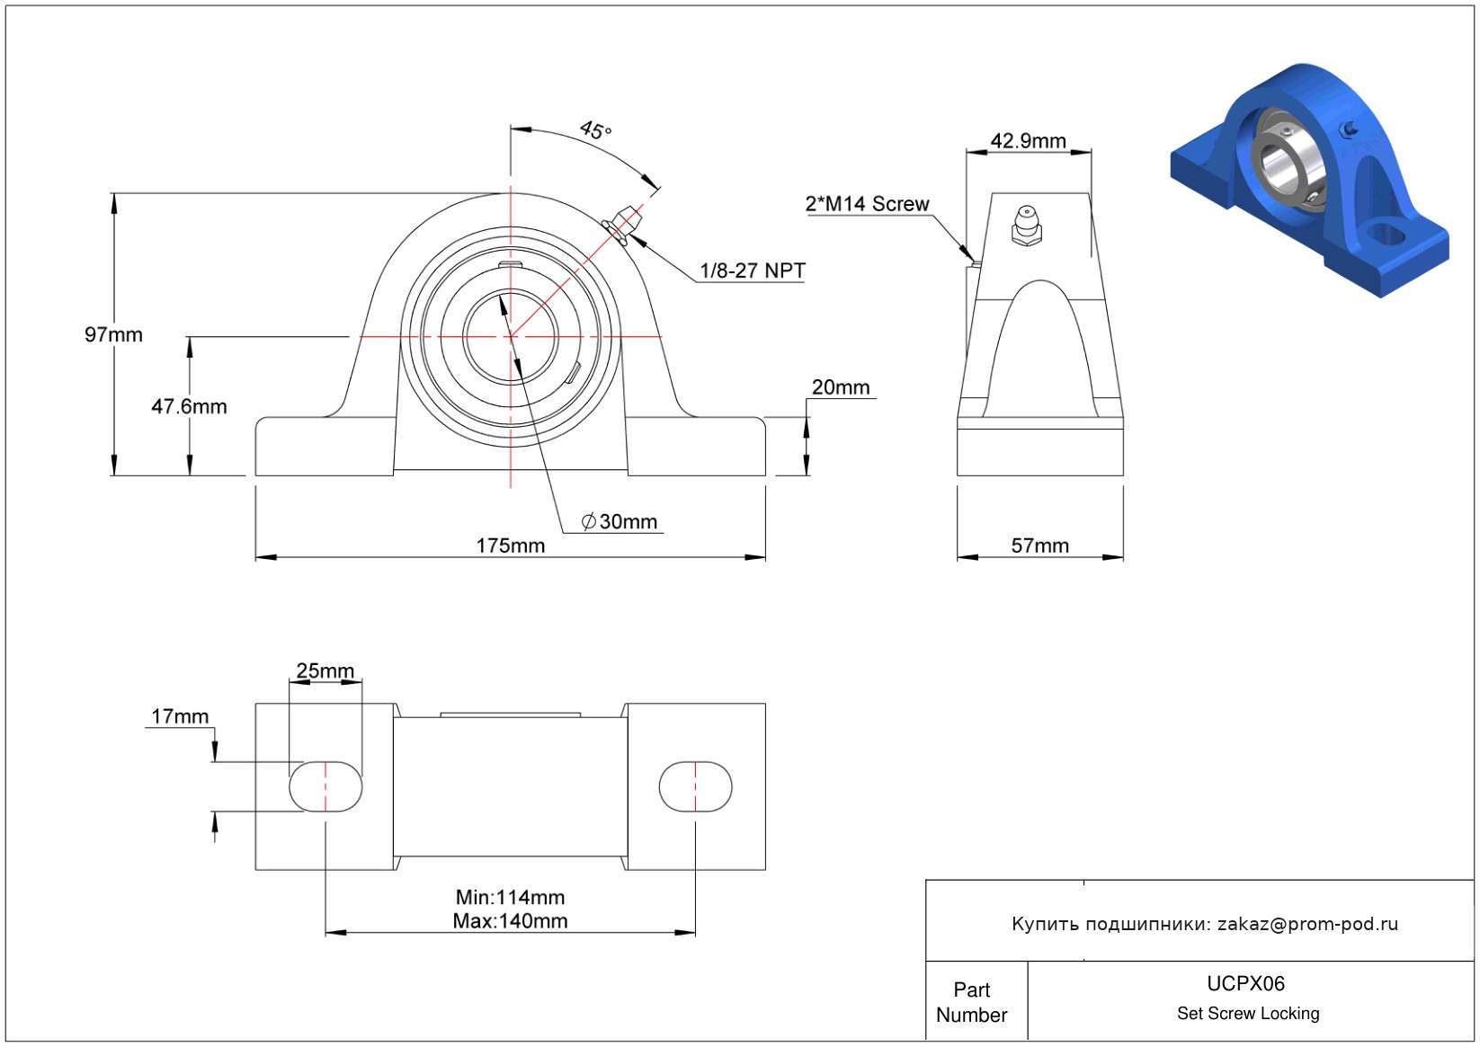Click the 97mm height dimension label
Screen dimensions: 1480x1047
coord(113,335)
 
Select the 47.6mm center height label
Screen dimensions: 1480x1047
coord(189,406)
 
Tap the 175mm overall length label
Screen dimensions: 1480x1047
coord(511,546)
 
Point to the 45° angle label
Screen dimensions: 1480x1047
coord(596,130)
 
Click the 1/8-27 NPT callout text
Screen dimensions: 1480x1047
coord(753,271)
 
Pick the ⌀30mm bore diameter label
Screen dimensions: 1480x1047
coord(620,522)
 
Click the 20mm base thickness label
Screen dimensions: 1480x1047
coord(841,387)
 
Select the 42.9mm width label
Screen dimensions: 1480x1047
coord(1028,141)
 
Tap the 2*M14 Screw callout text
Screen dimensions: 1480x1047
coord(867,204)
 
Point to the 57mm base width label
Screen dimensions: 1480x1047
coord(1040,546)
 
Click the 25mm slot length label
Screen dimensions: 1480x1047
coord(325,670)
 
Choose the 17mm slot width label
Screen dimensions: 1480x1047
coord(180,716)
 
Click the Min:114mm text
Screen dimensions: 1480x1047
coord(510,897)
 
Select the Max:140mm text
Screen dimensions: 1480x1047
coord(510,921)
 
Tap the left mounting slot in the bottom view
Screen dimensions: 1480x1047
coord(325,786)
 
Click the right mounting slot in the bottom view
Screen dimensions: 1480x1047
coord(696,786)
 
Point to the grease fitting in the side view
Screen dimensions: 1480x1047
coord(1027,226)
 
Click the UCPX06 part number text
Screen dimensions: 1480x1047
coord(1245,983)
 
